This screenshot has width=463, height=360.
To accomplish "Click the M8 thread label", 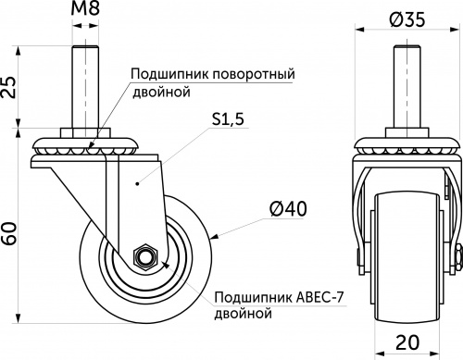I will [x=86, y=13].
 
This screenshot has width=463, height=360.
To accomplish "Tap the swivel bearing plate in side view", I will [x=87, y=147].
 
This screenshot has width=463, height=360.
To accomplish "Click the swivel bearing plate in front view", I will [x=407, y=148].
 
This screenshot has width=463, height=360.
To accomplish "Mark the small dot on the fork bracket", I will [x=136, y=184].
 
